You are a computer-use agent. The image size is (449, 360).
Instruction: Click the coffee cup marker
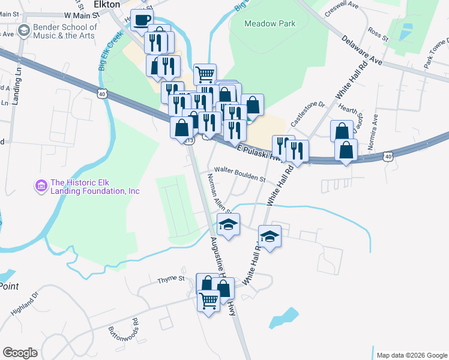point(142,20)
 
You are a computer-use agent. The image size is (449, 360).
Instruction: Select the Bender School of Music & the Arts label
point(65,31)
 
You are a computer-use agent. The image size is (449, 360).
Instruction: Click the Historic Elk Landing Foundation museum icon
point(41,187)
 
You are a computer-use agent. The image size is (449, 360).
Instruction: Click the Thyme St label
point(171,279)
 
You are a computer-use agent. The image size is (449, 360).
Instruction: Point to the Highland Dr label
point(24,304)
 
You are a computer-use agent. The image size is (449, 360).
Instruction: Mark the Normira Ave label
point(376,129)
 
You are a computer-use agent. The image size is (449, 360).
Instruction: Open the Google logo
point(20,353)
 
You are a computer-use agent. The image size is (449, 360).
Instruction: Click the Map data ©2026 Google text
point(411,355)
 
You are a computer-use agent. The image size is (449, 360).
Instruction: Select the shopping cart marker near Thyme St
point(208,301)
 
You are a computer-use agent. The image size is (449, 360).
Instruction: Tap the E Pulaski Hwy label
point(259,153)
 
